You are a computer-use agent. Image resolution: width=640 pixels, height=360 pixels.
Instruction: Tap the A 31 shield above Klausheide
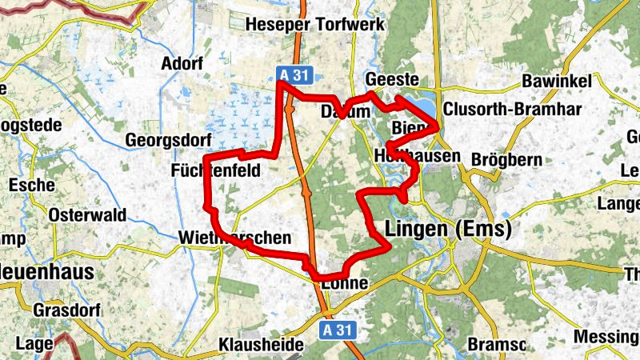338,330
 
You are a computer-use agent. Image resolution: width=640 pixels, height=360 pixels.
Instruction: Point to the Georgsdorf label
162,141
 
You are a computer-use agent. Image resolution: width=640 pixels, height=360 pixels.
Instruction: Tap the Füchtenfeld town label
216,170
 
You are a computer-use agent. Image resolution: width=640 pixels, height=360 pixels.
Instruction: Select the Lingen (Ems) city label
448,230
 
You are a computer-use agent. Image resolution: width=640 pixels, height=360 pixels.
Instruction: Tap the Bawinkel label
556,81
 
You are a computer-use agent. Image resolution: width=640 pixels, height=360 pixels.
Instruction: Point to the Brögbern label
507,160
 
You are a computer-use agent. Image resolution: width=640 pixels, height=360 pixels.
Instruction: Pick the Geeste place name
392,79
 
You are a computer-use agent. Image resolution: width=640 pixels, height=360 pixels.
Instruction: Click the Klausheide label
261,346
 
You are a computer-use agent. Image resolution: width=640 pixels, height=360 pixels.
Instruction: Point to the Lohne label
346,283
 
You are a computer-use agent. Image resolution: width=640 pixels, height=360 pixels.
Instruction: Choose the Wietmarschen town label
233,238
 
